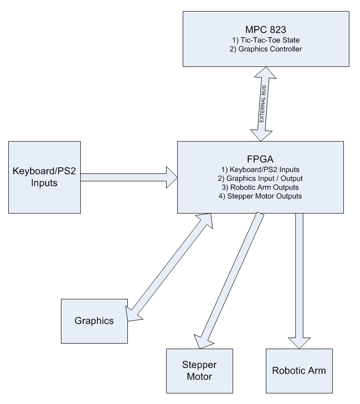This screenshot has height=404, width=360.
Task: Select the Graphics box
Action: click(94, 321)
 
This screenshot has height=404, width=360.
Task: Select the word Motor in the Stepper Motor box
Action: click(200, 376)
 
